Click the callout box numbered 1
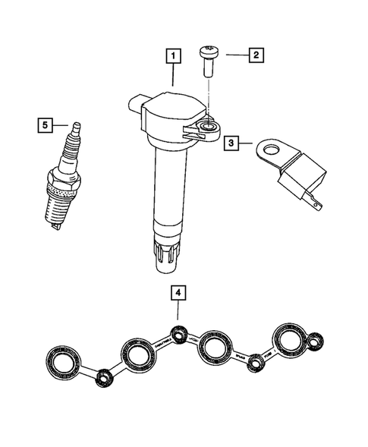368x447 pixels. pyautogui.click(x=175, y=55)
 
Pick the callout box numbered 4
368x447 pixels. pyautogui.click(x=178, y=291)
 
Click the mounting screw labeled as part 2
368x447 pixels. pyautogui.click(x=209, y=61)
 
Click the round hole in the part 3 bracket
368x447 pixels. pyautogui.click(x=267, y=150)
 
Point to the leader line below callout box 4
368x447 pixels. pyautogui.click(x=178, y=311)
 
